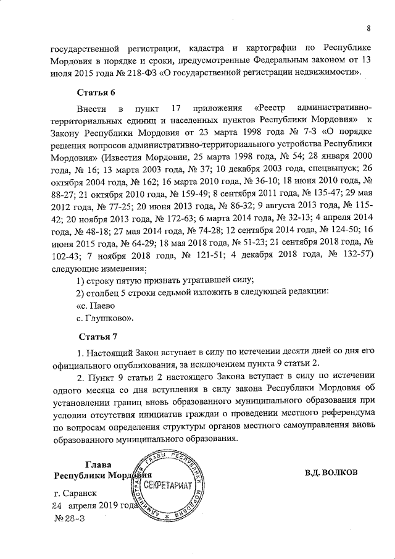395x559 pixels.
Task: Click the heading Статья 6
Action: coord(96,93)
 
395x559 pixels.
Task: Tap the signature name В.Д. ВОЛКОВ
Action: coord(331,473)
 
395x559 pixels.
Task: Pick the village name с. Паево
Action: coord(95,305)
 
